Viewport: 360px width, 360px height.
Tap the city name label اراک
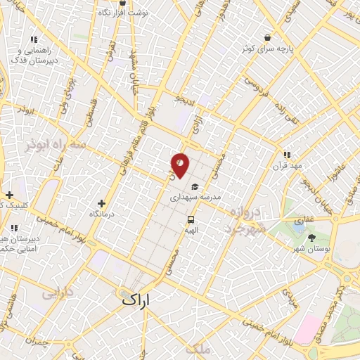(136, 299)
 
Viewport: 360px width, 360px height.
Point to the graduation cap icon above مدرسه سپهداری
(194, 188)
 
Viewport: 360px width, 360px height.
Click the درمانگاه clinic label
(103, 213)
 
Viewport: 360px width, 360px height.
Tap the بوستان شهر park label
(312, 249)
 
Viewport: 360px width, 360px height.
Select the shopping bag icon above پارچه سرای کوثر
(267, 37)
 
